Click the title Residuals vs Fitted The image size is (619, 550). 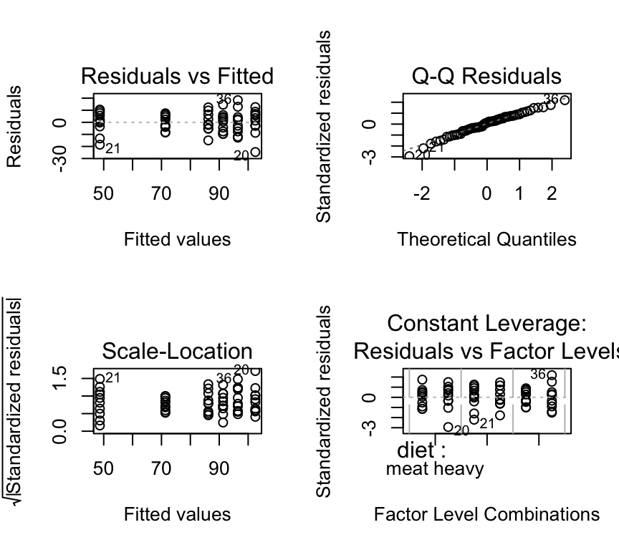177,76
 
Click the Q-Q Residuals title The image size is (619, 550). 486,76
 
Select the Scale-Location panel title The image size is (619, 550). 177,351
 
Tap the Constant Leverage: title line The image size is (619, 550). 486,324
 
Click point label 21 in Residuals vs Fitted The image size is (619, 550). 112,149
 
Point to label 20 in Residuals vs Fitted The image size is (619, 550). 241,156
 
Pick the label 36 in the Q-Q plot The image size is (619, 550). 550,100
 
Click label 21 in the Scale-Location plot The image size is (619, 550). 112,378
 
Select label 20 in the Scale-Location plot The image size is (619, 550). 241,370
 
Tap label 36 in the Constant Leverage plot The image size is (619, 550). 537,374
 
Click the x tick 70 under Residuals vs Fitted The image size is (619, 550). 161,193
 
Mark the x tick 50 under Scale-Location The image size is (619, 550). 104,468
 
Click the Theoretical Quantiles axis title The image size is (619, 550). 486,239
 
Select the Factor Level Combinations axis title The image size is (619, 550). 486,514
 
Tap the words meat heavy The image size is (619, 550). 435,469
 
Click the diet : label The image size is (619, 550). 422,450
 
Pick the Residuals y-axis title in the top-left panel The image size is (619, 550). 14,127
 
